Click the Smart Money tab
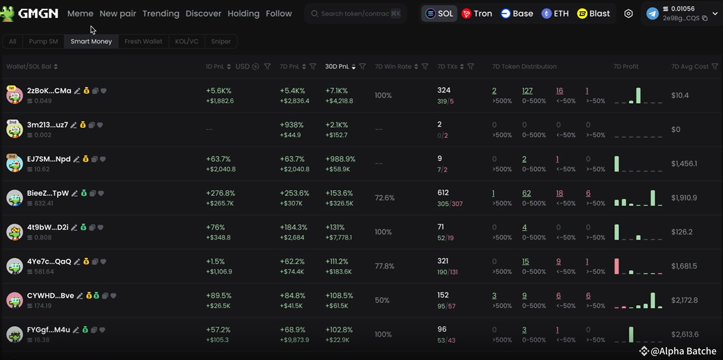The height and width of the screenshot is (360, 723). pyautogui.click(x=91, y=41)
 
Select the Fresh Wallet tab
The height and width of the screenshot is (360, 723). pyautogui.click(x=143, y=41)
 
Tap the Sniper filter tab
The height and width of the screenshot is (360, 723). pyautogui.click(x=221, y=41)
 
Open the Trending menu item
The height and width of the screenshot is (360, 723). pyautogui.click(x=161, y=14)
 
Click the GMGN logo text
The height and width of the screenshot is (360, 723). pyautogui.click(x=38, y=14)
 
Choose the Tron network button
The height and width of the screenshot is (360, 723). pyautogui.click(x=477, y=14)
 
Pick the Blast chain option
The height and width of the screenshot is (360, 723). pyautogui.click(x=594, y=14)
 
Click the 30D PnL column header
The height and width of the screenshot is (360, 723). pyautogui.click(x=337, y=66)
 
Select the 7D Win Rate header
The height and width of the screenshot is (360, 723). pyautogui.click(x=393, y=66)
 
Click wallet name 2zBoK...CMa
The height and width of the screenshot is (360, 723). pyautogui.click(x=49, y=91)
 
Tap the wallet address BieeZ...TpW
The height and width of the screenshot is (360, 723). pyautogui.click(x=48, y=193)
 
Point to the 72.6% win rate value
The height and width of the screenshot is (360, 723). pyautogui.click(x=385, y=198)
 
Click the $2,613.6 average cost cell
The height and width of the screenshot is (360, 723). pyautogui.click(x=685, y=334)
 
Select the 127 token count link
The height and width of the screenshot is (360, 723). pyautogui.click(x=527, y=91)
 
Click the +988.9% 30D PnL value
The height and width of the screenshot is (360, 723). pyautogui.click(x=340, y=159)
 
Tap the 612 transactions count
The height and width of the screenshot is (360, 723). pyautogui.click(x=443, y=192)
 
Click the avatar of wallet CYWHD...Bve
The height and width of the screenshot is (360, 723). pyautogui.click(x=15, y=300)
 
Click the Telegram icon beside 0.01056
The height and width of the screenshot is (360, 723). pyautogui.click(x=653, y=14)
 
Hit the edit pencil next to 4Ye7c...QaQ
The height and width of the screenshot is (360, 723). pyautogui.click(x=77, y=262)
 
